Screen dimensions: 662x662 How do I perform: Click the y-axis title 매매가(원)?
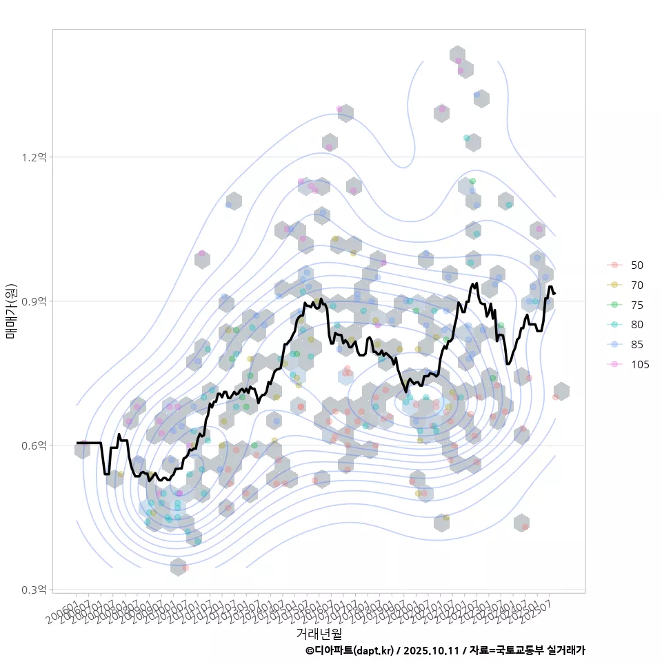coord(12,311)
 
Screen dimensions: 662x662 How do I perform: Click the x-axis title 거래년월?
coord(319,632)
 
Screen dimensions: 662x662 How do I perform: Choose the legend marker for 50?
coord(614,265)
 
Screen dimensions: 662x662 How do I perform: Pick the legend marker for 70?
coord(614,285)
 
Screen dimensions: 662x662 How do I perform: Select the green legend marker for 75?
coord(614,305)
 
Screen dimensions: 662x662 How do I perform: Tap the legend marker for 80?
coord(614,325)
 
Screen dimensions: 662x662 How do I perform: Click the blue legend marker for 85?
coord(614,344)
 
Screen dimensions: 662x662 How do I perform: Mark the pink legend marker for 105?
coord(614,364)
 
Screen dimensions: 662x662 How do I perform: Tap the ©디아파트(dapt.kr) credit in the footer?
coord(350,650)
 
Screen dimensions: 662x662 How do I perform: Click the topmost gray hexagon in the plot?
coord(457,55)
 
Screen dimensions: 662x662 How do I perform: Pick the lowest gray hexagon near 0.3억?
coord(178,567)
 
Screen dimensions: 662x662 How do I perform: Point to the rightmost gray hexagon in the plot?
coord(561,391)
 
